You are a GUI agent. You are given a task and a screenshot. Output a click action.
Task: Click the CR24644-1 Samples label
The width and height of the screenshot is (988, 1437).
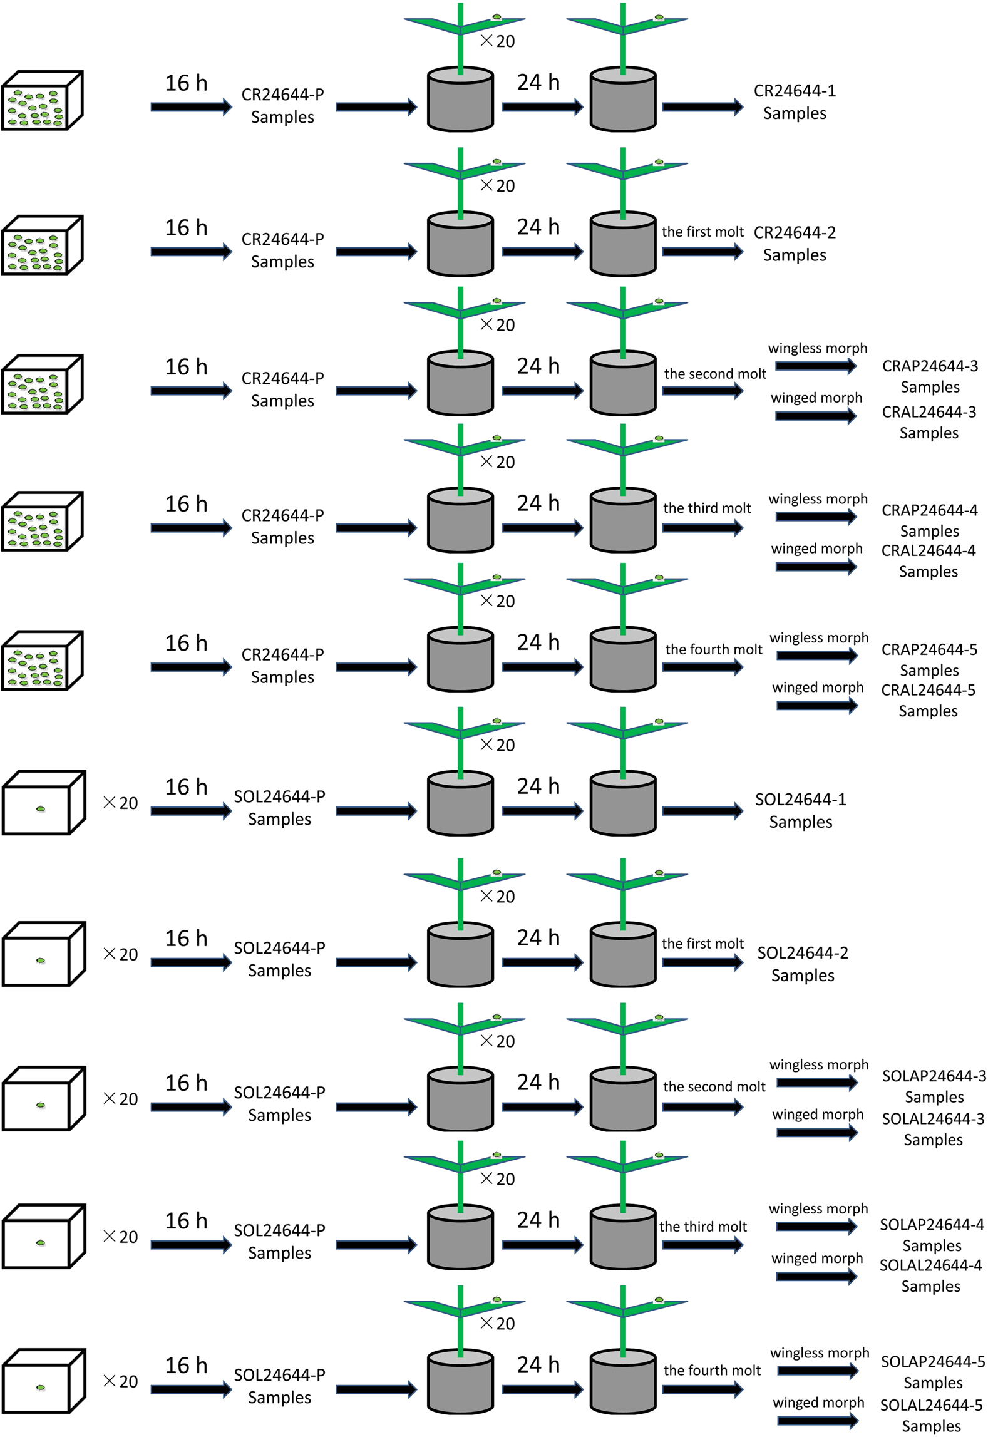[x=794, y=102]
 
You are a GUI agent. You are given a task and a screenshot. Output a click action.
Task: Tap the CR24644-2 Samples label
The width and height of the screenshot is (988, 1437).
[x=794, y=244]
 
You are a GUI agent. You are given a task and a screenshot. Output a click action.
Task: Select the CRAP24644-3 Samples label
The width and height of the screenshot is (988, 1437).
[x=930, y=376]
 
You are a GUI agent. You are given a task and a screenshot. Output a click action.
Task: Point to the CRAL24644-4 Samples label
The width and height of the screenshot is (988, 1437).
[x=928, y=560]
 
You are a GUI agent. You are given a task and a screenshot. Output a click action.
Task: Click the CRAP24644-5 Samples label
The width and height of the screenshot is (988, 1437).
[x=929, y=659]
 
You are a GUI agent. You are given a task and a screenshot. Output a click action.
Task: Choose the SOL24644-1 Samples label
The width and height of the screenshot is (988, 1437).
[x=800, y=810]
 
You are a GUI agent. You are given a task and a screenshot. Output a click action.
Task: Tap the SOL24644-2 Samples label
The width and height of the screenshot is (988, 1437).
[x=803, y=964]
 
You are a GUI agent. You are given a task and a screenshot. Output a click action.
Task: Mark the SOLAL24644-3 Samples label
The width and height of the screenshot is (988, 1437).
[x=933, y=1129]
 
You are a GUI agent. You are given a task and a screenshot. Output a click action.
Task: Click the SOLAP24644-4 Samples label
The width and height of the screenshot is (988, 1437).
[x=932, y=1235]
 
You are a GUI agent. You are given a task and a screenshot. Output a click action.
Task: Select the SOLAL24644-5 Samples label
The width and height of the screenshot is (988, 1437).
[x=931, y=1415]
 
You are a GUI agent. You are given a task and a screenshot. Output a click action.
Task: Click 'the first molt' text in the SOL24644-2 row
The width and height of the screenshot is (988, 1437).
[x=702, y=944]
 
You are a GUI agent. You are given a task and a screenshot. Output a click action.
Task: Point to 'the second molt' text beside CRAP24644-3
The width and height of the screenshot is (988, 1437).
[x=715, y=374]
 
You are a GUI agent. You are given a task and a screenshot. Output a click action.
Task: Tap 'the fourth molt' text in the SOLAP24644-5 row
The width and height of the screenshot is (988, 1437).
[x=712, y=1370]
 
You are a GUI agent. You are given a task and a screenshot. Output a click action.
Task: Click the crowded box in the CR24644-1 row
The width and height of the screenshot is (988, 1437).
[x=42, y=101]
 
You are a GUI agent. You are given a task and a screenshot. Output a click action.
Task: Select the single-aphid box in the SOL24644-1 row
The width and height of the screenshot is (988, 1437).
[x=43, y=803]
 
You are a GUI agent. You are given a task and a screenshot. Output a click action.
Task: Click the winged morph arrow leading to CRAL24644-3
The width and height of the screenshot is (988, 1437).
[x=815, y=416]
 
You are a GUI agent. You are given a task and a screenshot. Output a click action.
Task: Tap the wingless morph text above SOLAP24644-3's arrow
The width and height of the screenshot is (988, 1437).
[x=819, y=1064]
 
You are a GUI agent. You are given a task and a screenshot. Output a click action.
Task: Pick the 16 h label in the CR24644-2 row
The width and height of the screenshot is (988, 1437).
[x=186, y=227]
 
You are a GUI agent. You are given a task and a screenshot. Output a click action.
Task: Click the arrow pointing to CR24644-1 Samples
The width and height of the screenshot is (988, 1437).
[x=702, y=107]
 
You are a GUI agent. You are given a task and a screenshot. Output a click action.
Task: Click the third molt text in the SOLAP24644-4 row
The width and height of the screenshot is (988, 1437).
[x=702, y=1227]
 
